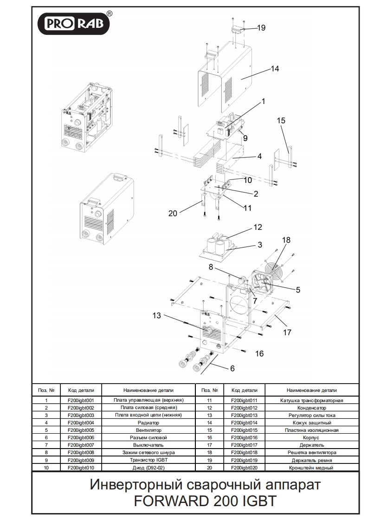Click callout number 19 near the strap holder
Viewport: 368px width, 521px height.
click(x=261, y=28)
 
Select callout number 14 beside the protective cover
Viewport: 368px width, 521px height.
click(x=275, y=69)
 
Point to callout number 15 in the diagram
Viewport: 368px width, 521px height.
click(x=282, y=121)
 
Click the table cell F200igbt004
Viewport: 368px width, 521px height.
click(x=81, y=423)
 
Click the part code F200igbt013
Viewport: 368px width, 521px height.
click(x=244, y=415)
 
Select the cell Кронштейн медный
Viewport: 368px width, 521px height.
click(x=312, y=468)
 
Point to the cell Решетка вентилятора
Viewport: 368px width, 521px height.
click(x=312, y=453)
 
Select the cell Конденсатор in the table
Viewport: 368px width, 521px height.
click(x=312, y=408)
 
